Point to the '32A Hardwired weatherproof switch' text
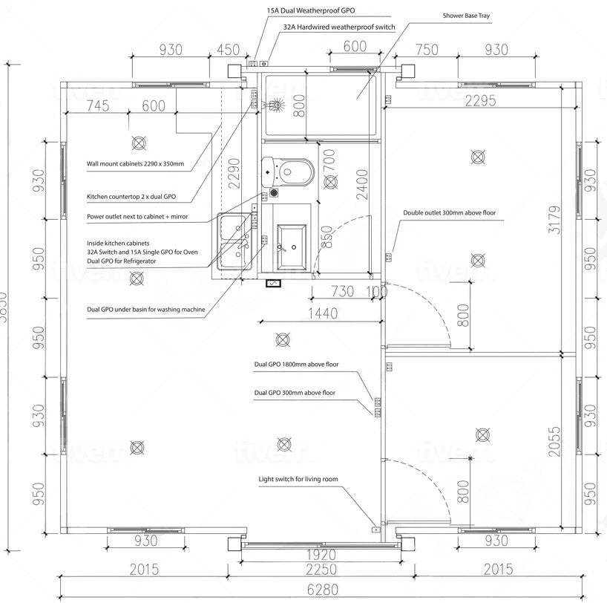click(x=339, y=26)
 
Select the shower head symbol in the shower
click(x=276, y=105)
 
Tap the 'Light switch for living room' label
click(x=298, y=480)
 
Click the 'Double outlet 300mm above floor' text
click(x=449, y=212)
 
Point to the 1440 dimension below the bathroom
click(x=322, y=314)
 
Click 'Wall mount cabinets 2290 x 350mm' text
click(x=135, y=163)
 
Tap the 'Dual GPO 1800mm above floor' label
click(x=296, y=365)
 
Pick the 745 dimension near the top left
click(x=96, y=105)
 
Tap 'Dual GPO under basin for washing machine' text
click(x=145, y=309)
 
